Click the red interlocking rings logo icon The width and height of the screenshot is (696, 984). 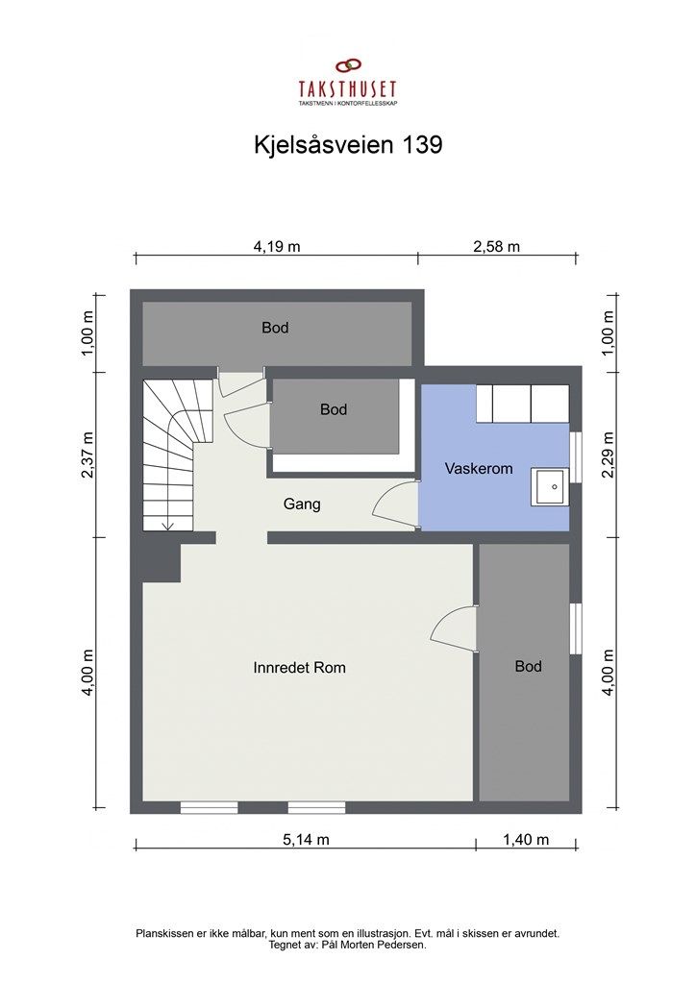point(347,66)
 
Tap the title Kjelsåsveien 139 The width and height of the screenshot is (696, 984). point(347,145)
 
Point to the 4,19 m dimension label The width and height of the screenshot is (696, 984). point(276,246)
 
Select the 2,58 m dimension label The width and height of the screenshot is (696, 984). point(496,246)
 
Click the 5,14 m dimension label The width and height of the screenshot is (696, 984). point(306,839)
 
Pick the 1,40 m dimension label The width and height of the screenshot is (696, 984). point(526,839)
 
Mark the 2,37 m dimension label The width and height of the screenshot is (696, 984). point(88,453)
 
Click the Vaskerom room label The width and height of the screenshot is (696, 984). point(478,469)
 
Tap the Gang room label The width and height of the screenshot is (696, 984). point(302,504)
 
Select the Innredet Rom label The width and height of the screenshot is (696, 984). point(299,668)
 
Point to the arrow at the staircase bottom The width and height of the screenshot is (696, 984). point(166,524)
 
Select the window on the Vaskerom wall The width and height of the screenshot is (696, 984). point(576,455)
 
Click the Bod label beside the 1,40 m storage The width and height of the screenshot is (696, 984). point(528,666)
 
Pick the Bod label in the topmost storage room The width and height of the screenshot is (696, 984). point(275,328)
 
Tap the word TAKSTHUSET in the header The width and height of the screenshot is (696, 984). point(347,89)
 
